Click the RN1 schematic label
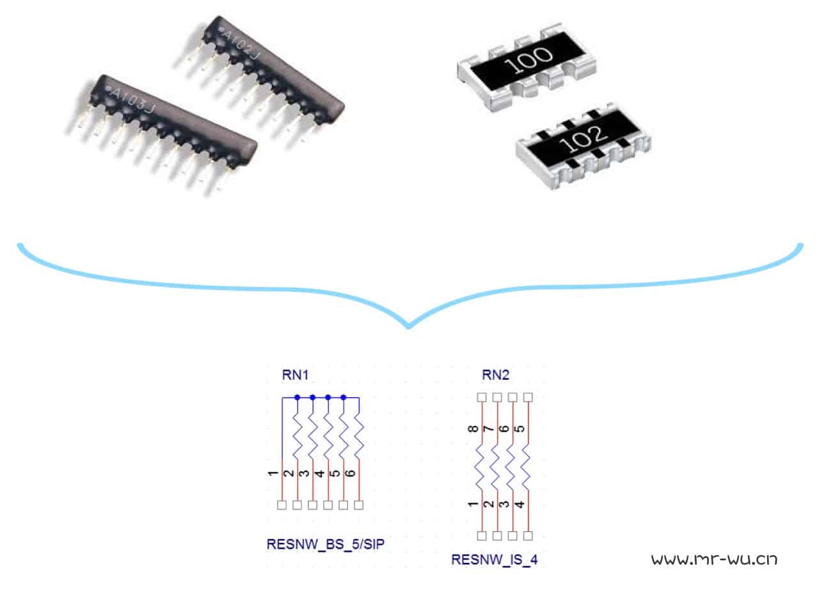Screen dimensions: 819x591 tap(296, 375)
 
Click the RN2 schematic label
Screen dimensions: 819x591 tap(495, 375)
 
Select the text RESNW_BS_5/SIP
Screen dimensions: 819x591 tap(326, 544)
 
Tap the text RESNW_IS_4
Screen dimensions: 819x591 tap(495, 560)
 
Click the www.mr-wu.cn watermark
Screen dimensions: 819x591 tap(714, 559)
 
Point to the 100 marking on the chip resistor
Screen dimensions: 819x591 tap(529, 60)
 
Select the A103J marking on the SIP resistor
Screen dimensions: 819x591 tap(132, 99)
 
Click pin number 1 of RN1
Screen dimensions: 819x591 tap(273, 473)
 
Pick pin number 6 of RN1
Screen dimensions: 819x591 tap(350, 473)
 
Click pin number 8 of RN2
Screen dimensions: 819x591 tap(473, 428)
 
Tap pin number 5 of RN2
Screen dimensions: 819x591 tap(520, 428)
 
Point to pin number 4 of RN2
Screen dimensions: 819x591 tap(520, 505)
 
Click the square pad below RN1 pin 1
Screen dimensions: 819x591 tap(282, 505)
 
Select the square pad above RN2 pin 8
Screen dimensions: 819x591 tap(482, 397)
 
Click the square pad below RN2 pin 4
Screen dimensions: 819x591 tap(528, 536)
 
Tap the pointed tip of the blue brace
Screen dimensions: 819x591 tap(409, 327)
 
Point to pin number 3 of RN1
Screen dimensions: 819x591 tap(304, 473)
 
